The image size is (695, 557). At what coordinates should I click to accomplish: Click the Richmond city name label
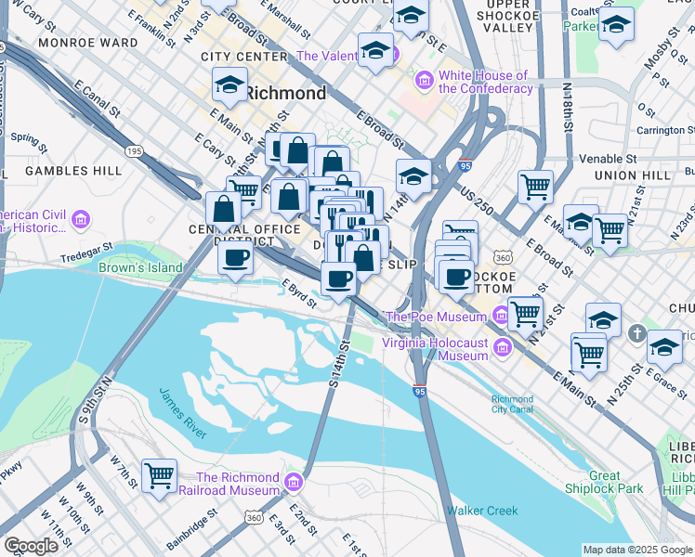[286, 93]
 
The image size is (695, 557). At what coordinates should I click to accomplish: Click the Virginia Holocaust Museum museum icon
[503, 348]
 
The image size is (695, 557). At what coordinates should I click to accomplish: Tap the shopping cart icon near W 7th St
[160, 476]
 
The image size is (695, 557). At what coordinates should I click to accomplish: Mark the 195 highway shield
[134, 149]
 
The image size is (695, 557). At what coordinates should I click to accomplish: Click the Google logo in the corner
[31, 546]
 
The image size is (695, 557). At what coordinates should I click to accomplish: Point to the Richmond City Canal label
[513, 405]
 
